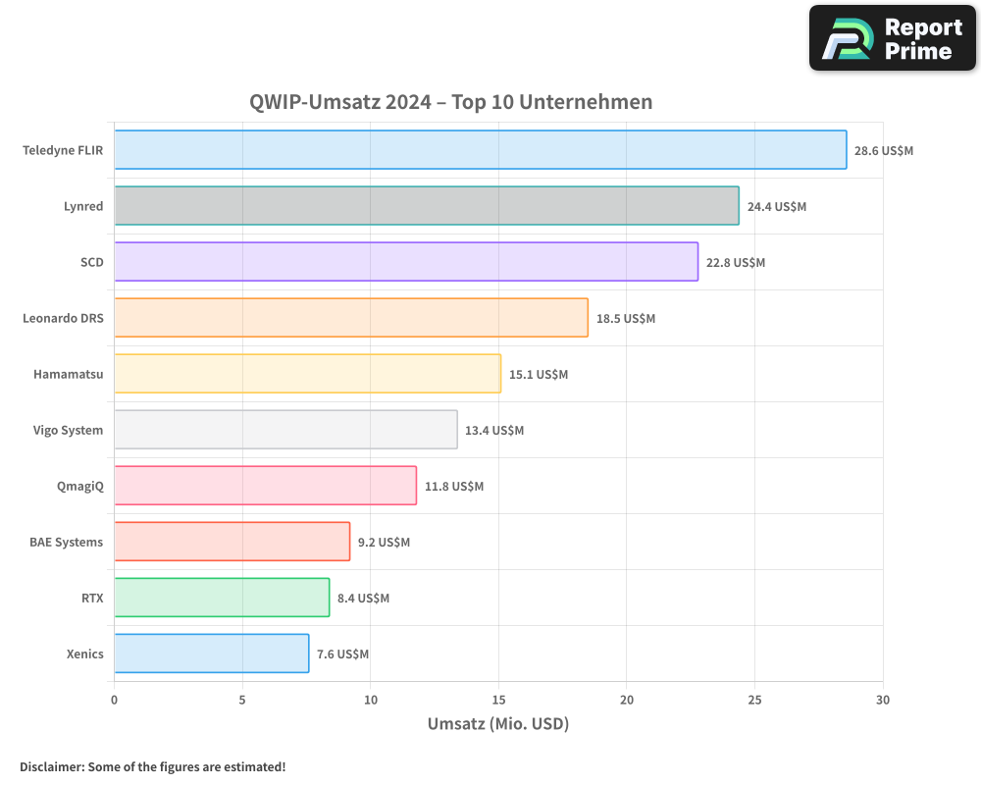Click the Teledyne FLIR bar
[x=480, y=150]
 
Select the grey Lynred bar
[x=426, y=206]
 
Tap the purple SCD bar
[x=405, y=262]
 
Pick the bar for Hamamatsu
[x=307, y=374]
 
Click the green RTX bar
[x=222, y=598]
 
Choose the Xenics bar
[x=211, y=654]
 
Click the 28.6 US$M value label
[x=884, y=151]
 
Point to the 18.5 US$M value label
[x=626, y=319]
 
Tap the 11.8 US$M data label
[x=454, y=487]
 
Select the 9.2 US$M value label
[x=384, y=543]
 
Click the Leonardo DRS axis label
[x=63, y=318]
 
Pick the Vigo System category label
[x=68, y=430]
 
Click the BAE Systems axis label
[x=66, y=542]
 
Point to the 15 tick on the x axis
[x=498, y=700]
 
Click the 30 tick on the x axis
[x=883, y=700]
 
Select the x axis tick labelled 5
[x=242, y=700]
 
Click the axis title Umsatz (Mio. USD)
[x=498, y=724]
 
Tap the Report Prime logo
[x=893, y=38]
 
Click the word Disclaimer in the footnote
[x=50, y=766]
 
